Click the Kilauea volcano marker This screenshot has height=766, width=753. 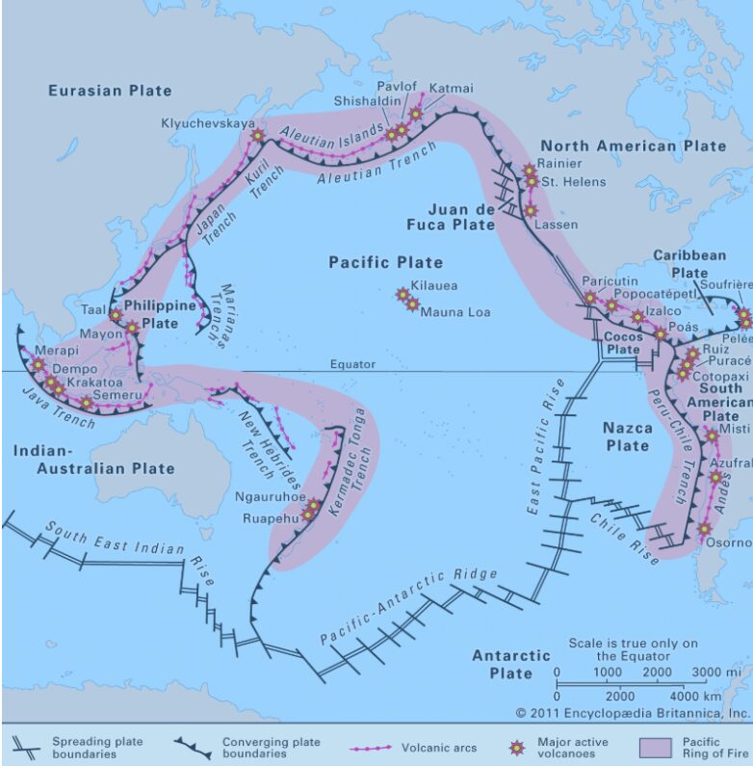(402, 294)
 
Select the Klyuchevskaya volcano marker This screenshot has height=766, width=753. (257, 136)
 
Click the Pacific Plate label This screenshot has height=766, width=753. (385, 262)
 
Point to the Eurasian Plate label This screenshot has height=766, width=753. (110, 91)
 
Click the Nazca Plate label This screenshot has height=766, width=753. (627, 436)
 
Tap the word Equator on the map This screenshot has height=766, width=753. (352, 364)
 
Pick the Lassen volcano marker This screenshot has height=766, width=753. (531, 211)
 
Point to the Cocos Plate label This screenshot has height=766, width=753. (622, 342)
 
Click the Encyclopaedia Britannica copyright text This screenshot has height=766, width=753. (632, 714)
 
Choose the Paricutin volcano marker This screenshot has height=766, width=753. (590, 299)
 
